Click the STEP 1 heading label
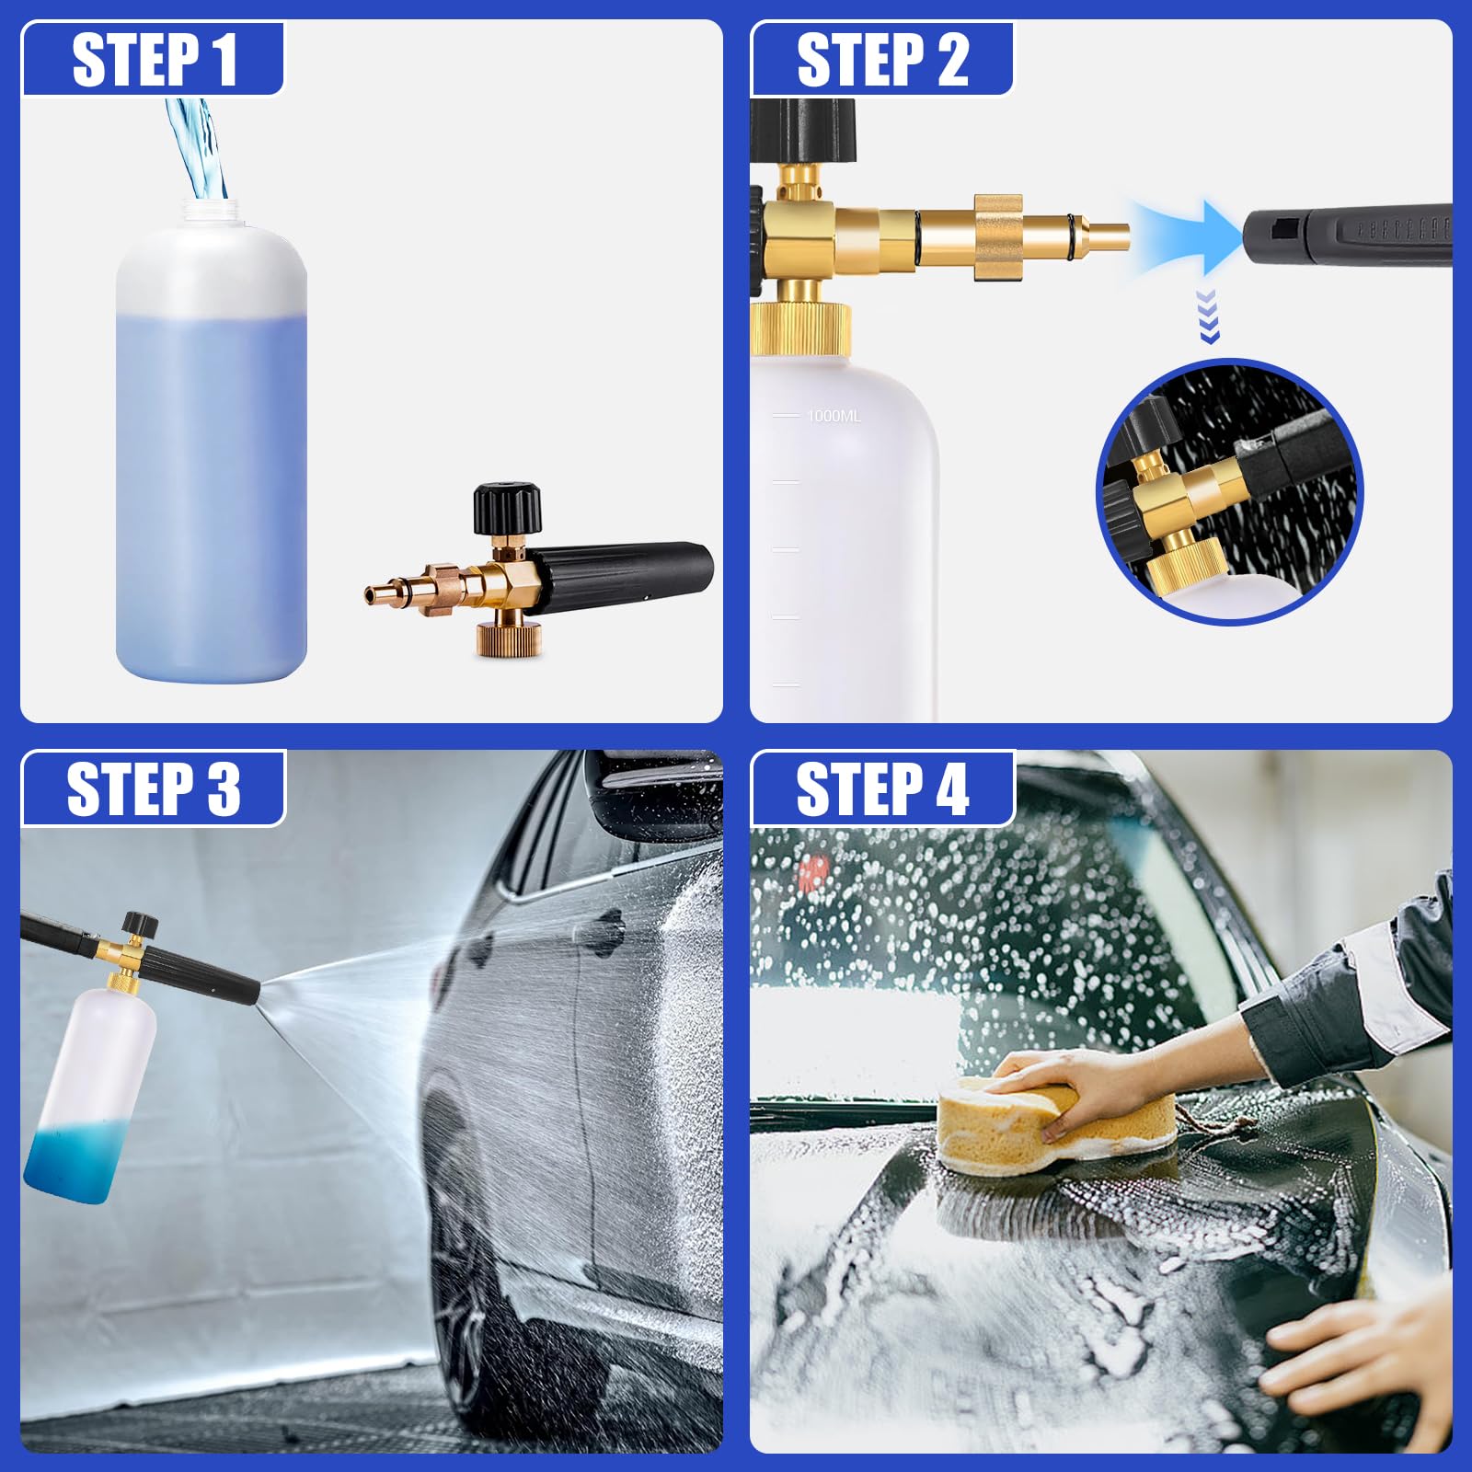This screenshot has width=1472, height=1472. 155,60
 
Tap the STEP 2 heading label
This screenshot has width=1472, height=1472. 882,60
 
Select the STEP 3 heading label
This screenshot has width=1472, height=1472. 154,788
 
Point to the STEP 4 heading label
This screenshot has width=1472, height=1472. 882,788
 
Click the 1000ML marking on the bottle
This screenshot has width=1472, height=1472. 834,416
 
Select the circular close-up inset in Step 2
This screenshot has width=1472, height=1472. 1229,491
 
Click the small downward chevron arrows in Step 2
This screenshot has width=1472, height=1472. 1209,316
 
